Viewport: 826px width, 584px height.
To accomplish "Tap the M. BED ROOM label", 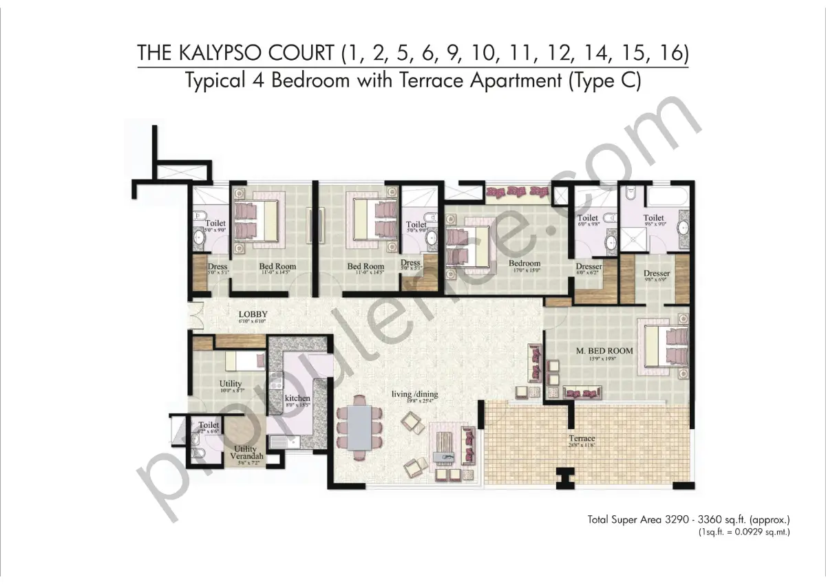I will [x=604, y=351].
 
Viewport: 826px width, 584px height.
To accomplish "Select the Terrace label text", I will [x=582, y=438].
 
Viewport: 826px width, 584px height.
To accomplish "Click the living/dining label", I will [x=414, y=394].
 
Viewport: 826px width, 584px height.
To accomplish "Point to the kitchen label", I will [x=297, y=398].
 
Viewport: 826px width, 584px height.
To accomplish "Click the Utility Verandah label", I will [x=245, y=453].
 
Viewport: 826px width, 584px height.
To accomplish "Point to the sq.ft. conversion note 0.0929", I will [x=743, y=532].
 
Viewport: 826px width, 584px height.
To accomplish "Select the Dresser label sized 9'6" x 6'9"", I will [x=657, y=274].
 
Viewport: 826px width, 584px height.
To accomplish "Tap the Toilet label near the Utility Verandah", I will [x=209, y=425].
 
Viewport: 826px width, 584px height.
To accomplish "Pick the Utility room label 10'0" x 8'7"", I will [x=230, y=384].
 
